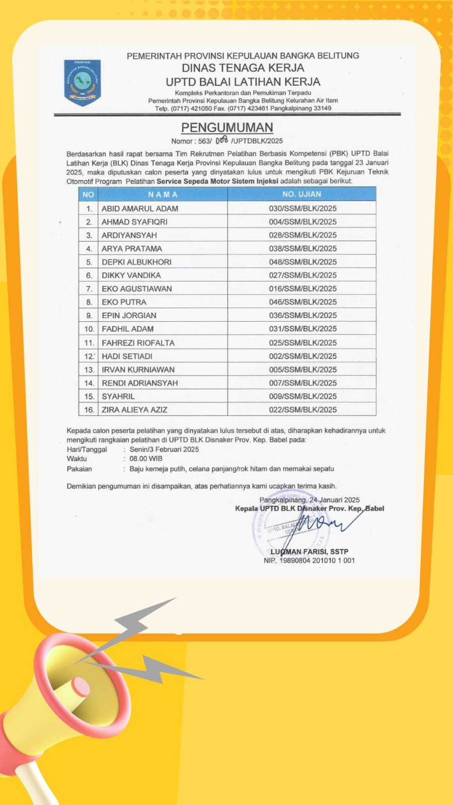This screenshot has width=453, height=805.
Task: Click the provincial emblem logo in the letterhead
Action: (x=82, y=82)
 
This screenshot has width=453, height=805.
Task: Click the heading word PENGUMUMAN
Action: (x=227, y=127)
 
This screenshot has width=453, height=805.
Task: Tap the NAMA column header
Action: (x=162, y=194)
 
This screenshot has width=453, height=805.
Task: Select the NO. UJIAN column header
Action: (x=301, y=194)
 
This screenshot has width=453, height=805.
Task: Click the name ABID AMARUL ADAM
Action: (x=140, y=208)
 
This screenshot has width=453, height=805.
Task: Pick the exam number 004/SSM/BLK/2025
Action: (x=302, y=222)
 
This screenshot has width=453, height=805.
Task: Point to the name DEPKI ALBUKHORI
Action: (x=136, y=262)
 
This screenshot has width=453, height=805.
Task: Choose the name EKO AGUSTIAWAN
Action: (x=137, y=288)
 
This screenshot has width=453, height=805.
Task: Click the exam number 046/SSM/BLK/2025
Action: (x=302, y=302)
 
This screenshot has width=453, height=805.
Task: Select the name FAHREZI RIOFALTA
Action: (x=138, y=343)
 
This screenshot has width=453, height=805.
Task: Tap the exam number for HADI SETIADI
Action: (x=302, y=356)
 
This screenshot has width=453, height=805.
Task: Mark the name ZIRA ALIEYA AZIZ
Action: (x=135, y=410)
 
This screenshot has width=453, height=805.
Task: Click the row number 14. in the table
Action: (x=89, y=383)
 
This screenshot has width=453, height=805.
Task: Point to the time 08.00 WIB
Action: (x=146, y=459)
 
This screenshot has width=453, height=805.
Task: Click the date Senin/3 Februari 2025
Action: (x=164, y=449)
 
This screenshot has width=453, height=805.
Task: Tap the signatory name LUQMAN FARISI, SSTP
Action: (x=309, y=552)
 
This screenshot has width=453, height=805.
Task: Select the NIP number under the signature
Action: (x=309, y=560)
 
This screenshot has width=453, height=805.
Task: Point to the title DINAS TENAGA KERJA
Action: (x=243, y=68)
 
